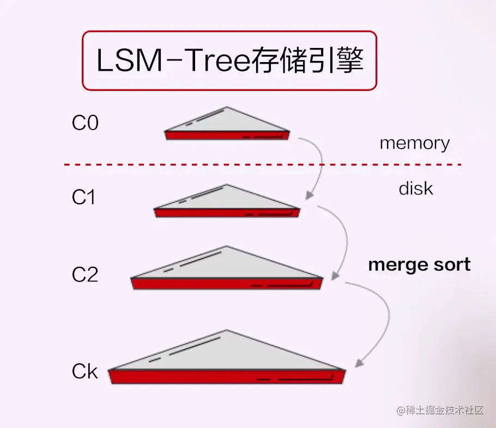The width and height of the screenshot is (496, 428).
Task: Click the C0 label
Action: (85, 124)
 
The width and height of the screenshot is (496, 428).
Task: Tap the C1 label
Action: (83, 198)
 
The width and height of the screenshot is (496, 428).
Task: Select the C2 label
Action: (85, 275)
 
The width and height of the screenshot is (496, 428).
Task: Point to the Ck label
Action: (84, 372)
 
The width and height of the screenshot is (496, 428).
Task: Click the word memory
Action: (414, 143)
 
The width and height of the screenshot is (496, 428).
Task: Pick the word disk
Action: (416, 189)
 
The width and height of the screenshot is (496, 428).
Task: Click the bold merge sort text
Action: (419, 265)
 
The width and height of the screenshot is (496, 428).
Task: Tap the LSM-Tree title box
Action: (229, 60)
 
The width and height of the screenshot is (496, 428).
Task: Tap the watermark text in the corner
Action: (440, 410)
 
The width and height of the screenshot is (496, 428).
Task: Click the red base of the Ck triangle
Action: (227, 377)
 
